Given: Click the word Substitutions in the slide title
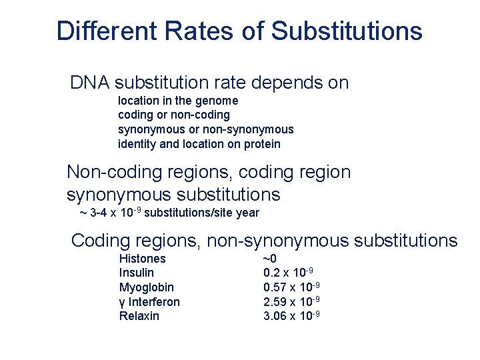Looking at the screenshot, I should coord(347,31).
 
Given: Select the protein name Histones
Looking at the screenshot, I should coord(142,259).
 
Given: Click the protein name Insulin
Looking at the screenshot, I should coord(136,273).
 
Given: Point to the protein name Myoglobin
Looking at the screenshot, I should coord(146,287).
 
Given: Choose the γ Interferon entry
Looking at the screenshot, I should coord(149,302).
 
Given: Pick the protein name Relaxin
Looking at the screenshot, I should coord(139,316).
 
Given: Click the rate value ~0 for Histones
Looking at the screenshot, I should coord(270,259).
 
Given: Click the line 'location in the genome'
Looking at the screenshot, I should coord(177,101).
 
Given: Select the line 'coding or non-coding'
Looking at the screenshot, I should coord(173,115).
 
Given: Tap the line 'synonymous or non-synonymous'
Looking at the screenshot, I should coord(205,129).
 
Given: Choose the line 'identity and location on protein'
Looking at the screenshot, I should coord(199,144).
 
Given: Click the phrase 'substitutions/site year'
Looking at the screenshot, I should coord(201,213).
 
